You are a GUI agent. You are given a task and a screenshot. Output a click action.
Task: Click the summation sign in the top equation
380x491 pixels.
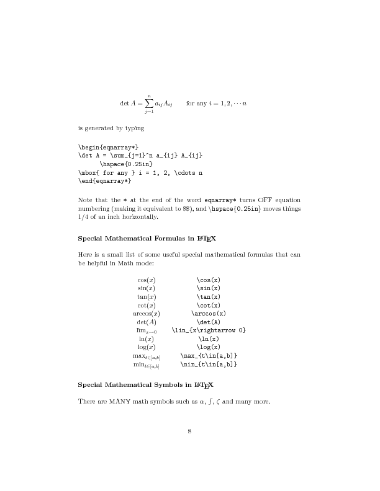click(x=149, y=103)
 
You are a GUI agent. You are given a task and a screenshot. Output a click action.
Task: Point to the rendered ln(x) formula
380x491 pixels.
click(x=146, y=338)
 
